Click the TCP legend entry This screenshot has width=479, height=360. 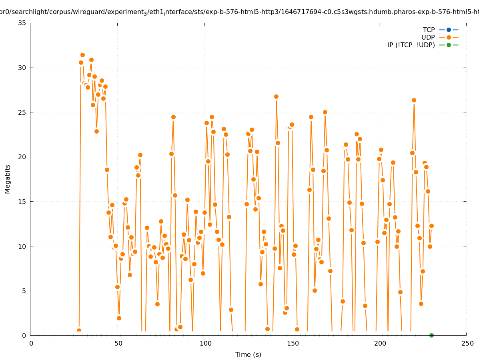click(x=429, y=30)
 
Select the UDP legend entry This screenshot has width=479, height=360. click(x=428, y=37)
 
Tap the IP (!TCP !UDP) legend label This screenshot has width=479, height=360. click(x=411, y=45)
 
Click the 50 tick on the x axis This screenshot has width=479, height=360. click(x=118, y=343)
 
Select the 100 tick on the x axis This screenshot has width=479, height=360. click(x=205, y=343)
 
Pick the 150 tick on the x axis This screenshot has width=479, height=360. click(x=293, y=343)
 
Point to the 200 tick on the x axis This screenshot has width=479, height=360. click(x=380, y=343)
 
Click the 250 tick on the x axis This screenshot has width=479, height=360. click(x=467, y=343)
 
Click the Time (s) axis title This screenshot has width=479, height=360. click(x=248, y=354)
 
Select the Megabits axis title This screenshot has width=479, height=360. click(x=8, y=179)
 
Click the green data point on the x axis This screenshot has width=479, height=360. click(x=431, y=335)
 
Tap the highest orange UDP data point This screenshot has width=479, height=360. click(x=82, y=55)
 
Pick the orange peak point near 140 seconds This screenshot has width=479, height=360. click(x=276, y=97)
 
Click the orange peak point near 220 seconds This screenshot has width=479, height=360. click(x=414, y=100)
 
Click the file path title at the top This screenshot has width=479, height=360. click(x=239, y=12)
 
